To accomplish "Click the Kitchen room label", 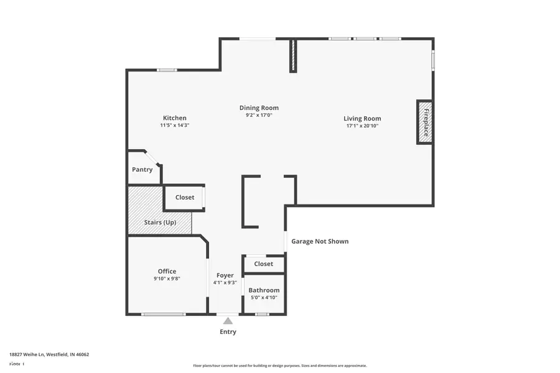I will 174,118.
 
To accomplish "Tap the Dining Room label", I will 259,108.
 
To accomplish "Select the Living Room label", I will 362,119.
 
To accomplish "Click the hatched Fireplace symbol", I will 425,122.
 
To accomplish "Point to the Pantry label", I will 142,170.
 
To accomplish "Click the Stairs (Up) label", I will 160,222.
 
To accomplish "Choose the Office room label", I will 167,271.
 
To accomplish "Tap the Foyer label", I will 225,275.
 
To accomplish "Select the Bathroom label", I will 264,290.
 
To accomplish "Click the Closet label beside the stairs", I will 184,198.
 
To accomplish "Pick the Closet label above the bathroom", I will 263,264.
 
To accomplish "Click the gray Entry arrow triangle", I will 228,321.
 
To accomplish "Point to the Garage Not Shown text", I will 320,241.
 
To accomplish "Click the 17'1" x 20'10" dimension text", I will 362,126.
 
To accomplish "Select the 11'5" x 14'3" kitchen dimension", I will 174,126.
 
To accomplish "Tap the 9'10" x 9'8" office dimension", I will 167,279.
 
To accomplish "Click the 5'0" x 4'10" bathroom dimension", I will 264,298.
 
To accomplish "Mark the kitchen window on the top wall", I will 167,70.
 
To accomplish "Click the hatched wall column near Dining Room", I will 292,56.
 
